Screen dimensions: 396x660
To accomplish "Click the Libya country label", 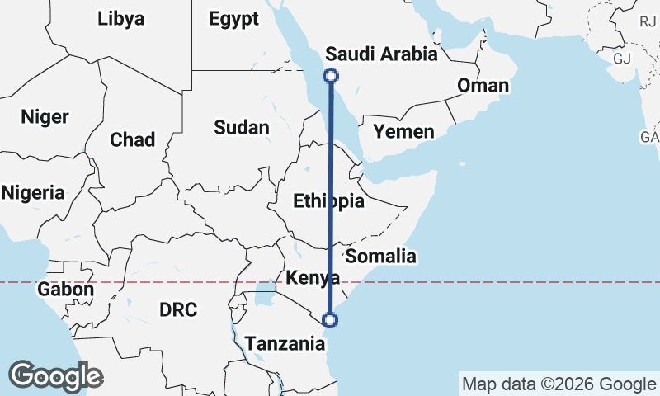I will tap(120, 18).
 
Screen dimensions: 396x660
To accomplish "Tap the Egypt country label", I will tap(233, 18).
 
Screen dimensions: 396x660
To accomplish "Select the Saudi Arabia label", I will tap(381, 54).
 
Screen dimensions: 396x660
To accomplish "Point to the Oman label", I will tap(483, 86).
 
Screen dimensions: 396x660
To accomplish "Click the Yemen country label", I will tap(403, 132).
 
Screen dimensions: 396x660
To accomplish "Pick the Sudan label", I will tap(241, 127).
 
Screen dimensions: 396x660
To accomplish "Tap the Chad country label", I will tap(132, 139).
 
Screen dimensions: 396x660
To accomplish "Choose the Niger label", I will tap(45, 116).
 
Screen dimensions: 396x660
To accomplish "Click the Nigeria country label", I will tap(33, 193).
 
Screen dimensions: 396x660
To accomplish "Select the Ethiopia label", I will tap(328, 201).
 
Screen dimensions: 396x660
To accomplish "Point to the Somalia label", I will tap(381, 256).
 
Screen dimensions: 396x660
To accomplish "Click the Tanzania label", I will tap(285, 342).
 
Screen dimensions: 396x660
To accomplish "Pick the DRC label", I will tap(178, 310).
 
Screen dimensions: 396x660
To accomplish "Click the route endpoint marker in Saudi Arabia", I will tap(331, 76).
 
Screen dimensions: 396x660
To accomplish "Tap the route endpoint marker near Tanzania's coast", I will tap(331, 319).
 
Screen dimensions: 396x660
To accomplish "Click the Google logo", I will tap(55, 375).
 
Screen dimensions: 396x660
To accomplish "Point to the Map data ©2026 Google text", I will tap(559, 384).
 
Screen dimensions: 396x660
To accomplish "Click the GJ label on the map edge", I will tap(622, 59).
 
